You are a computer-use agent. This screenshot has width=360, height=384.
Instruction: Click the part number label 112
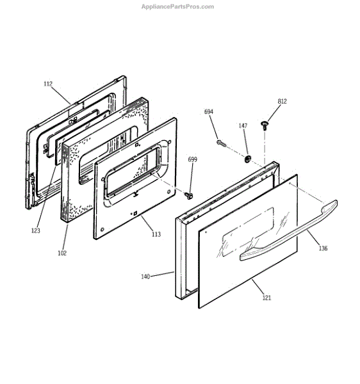point(48,84)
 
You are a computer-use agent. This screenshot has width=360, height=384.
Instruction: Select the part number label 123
point(35,230)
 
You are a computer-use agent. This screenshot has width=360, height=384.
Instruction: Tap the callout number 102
point(62,253)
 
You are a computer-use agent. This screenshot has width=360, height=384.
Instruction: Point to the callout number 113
point(156,234)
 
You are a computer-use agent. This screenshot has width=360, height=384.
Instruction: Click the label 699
point(192,159)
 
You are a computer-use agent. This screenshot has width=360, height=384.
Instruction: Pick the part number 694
point(209,111)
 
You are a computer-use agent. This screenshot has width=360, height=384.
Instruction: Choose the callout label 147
point(243,125)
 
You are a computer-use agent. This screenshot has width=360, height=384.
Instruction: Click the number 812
point(282,101)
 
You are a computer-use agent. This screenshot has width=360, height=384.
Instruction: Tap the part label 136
point(323,248)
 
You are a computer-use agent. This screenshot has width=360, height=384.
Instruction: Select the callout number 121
point(266,298)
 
